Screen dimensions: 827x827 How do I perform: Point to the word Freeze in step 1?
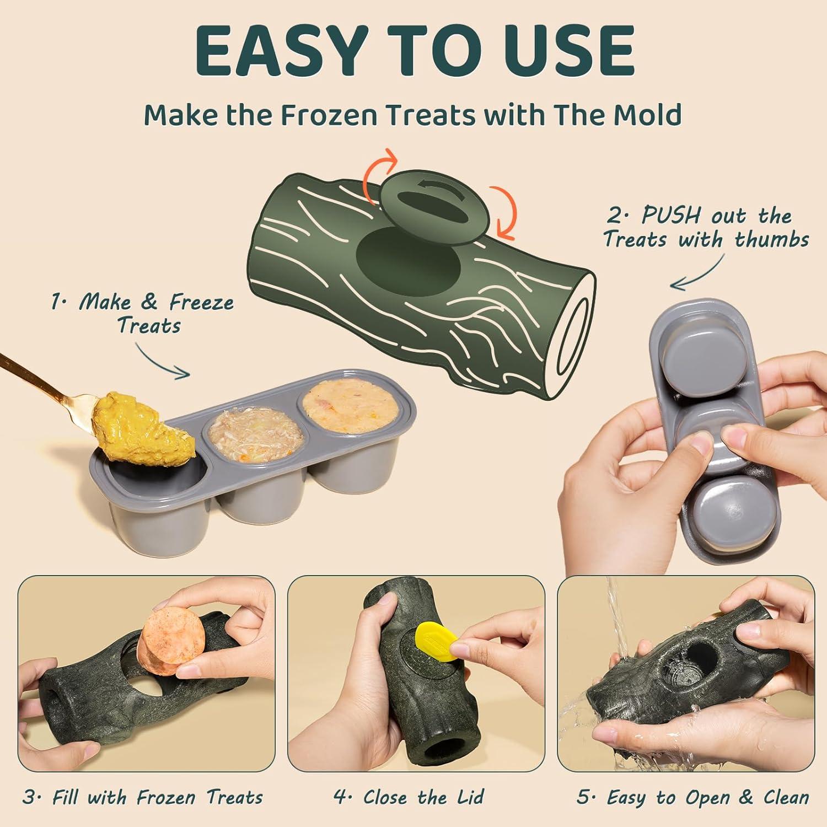[201, 302]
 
